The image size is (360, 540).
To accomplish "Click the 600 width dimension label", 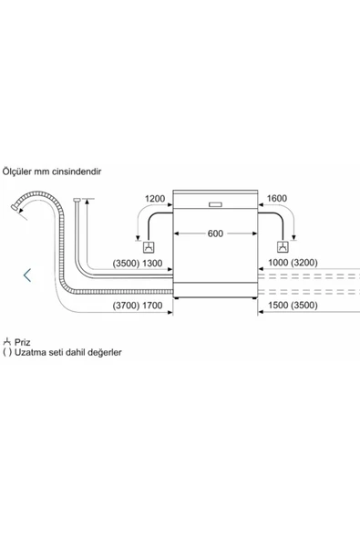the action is coord(215,234).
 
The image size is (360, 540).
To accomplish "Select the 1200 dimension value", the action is coord(155,199).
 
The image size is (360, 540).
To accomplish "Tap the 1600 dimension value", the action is coord(277,198).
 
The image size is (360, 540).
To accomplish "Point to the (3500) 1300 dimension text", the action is coord(138,264).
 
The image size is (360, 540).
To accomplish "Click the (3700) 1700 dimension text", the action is coord(138,306).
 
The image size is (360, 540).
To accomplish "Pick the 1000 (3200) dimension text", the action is coord(293,263).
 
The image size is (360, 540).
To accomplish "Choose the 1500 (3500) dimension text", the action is coord(293,306).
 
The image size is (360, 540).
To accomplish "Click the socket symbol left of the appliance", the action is coord(149,247).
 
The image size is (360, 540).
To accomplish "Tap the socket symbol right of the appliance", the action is coord(283,246).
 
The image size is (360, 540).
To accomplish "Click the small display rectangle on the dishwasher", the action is coord(215,204).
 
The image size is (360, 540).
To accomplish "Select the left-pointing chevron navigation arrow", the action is coord(27,275).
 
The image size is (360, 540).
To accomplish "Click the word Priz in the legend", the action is coord(23,342).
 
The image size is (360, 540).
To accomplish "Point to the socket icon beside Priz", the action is coord(7,342).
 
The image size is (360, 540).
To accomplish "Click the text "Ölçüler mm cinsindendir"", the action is coord(52,171).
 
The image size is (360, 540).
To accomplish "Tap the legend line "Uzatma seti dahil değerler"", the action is coord(68,353).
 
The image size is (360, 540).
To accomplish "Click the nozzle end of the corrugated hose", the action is coord(15,208).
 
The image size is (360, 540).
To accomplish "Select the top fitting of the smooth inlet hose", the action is coord(77,200).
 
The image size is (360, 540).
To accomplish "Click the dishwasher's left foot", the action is coord(176,298).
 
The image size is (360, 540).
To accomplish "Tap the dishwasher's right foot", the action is coord(254,298).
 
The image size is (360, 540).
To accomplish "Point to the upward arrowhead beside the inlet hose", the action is coord(87,202).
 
